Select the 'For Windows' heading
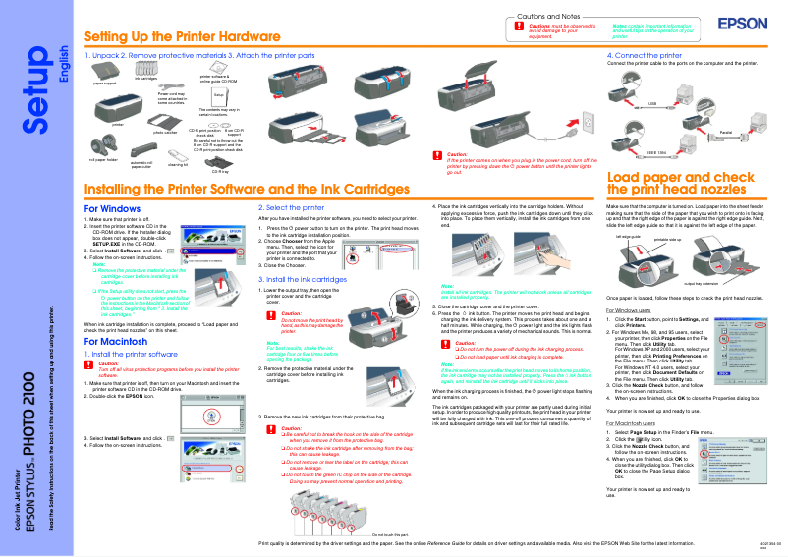click(113, 209)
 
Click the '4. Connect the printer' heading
click(644, 56)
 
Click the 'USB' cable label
click(652, 102)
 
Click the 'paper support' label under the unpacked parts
click(104, 84)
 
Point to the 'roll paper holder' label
click(102, 159)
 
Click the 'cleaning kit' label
click(178, 164)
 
